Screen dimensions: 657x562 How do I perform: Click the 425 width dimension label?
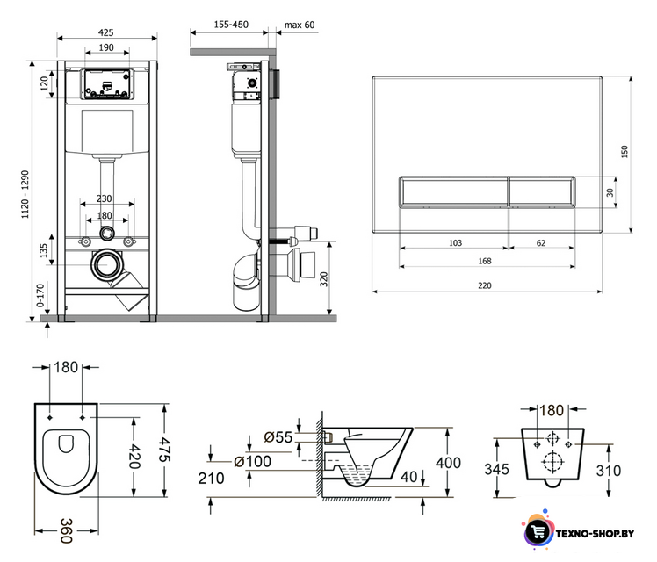tap(105, 32)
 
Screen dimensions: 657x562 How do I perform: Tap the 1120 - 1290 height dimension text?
tap(25, 194)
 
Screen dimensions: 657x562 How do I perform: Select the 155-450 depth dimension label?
tap(231, 25)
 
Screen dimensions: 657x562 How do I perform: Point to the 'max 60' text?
tap(300, 25)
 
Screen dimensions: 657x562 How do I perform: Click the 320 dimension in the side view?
tap(324, 279)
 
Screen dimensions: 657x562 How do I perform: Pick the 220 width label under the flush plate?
tap(484, 285)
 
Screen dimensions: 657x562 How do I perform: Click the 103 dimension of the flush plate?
tap(455, 243)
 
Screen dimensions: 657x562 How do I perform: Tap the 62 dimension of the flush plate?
tap(541, 243)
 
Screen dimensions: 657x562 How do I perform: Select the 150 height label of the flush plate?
tap(625, 152)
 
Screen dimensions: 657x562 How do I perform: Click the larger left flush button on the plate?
tap(453, 191)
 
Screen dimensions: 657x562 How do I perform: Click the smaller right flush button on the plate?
tap(542, 191)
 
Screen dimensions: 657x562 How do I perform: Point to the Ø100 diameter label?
tap(253, 462)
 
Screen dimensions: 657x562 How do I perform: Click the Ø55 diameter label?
tap(278, 437)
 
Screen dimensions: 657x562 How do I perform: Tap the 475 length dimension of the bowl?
tap(164, 450)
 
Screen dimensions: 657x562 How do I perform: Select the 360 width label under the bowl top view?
tap(67, 531)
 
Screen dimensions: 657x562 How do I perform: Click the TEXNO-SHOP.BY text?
tap(595, 534)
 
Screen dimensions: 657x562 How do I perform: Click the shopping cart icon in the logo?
tap(538, 532)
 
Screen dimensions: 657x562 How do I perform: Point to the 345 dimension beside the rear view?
tap(496, 470)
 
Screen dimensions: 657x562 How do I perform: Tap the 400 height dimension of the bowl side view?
tap(448, 463)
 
